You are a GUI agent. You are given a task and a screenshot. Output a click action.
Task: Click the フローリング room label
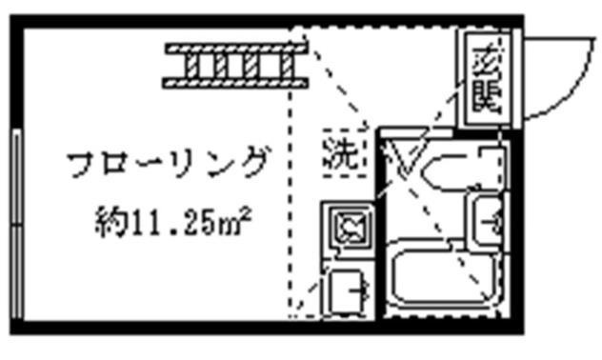(x=167, y=163)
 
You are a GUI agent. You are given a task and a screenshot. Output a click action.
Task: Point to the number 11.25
(x=168, y=224)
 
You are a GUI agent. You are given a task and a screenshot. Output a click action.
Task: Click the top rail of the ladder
(x=234, y=48)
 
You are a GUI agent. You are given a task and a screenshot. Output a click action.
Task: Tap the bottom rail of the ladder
(x=234, y=84)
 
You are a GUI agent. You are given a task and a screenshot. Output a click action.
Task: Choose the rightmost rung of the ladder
(x=285, y=66)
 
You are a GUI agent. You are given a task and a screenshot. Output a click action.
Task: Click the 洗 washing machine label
(x=342, y=152)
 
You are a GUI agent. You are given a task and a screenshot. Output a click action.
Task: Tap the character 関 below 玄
(x=487, y=95)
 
